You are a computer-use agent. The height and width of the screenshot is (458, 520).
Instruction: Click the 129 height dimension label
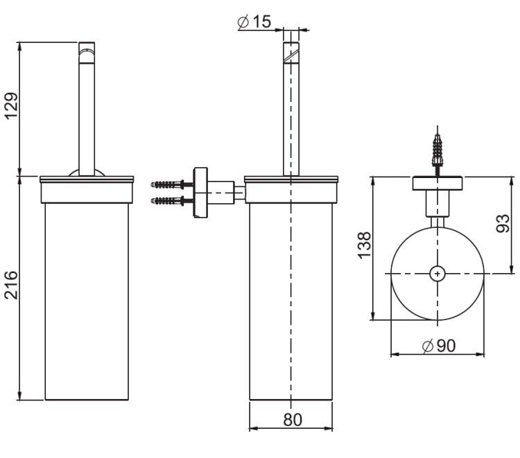pos(11,105)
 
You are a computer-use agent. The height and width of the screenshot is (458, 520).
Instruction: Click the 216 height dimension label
pos(11,285)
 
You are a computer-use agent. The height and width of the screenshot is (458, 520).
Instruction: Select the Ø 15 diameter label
pos(254,21)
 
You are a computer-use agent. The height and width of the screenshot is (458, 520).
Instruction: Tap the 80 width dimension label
pos(293,420)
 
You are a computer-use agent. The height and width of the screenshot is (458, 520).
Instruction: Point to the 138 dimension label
pos(364,245)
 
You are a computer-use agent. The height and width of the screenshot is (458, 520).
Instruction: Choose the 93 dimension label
pos(503,223)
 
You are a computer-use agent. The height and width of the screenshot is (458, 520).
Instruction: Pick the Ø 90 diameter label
pos(439,346)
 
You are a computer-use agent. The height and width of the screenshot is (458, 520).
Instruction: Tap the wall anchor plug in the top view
pos(437,150)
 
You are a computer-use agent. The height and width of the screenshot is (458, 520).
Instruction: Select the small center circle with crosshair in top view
pos(437,274)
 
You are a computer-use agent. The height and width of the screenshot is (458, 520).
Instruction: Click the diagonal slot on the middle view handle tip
pos(291,55)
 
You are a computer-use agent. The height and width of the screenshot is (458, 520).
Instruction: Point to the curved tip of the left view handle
pos(87,53)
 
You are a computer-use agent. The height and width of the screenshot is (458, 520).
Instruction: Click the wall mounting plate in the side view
pos(200,193)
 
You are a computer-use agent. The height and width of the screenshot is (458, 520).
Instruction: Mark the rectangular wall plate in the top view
pos(437,184)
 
